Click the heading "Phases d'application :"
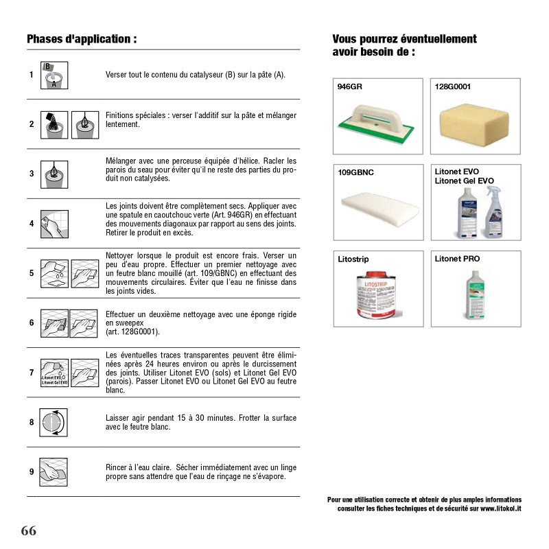(82, 39)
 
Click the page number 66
(28, 530)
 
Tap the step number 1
(32, 75)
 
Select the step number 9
(32, 471)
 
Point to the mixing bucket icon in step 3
(55, 174)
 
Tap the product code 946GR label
(351, 87)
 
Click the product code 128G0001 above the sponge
(453, 87)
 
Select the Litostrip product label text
(353, 259)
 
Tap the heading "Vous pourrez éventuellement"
(404, 39)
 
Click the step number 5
(32, 272)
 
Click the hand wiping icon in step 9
(55, 471)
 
